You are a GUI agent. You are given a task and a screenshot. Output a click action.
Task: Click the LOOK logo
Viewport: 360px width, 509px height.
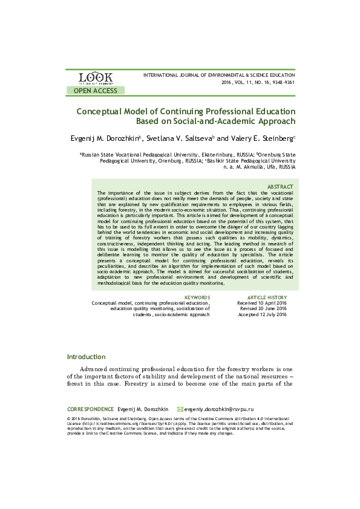click(x=96, y=77)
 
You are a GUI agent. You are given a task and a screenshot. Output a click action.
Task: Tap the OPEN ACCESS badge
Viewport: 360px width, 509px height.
click(x=96, y=91)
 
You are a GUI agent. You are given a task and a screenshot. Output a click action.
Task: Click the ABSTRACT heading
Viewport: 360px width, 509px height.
click(x=280, y=187)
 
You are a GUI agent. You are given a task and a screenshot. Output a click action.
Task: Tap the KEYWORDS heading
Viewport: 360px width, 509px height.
click(x=197, y=297)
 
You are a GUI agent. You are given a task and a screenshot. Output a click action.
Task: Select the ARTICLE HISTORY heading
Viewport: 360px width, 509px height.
click(x=267, y=297)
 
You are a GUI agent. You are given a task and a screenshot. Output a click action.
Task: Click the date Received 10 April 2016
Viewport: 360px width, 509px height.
click(x=262, y=303)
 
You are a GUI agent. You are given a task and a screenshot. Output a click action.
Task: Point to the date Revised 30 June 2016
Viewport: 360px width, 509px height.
click(x=263, y=309)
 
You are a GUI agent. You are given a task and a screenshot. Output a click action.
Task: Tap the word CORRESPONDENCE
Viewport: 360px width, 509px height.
click(x=90, y=409)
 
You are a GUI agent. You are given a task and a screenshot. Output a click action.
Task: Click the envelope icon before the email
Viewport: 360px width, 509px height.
click(x=180, y=409)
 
